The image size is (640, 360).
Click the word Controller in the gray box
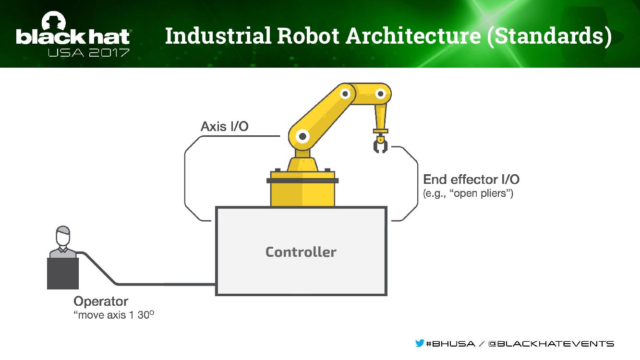click(301, 252)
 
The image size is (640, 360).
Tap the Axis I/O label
click(224, 127)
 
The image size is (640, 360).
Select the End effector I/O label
click(471, 180)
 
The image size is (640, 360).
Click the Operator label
click(101, 301)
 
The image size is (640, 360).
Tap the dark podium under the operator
click(63, 274)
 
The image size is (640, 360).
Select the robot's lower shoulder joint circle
click(302, 137)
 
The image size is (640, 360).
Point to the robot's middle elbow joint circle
click(345, 94)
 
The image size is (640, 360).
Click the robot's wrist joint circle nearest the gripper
click(381, 94)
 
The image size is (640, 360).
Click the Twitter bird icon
click(420, 343)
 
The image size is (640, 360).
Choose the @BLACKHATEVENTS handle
click(551, 344)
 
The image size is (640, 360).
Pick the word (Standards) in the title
click(549, 37)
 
